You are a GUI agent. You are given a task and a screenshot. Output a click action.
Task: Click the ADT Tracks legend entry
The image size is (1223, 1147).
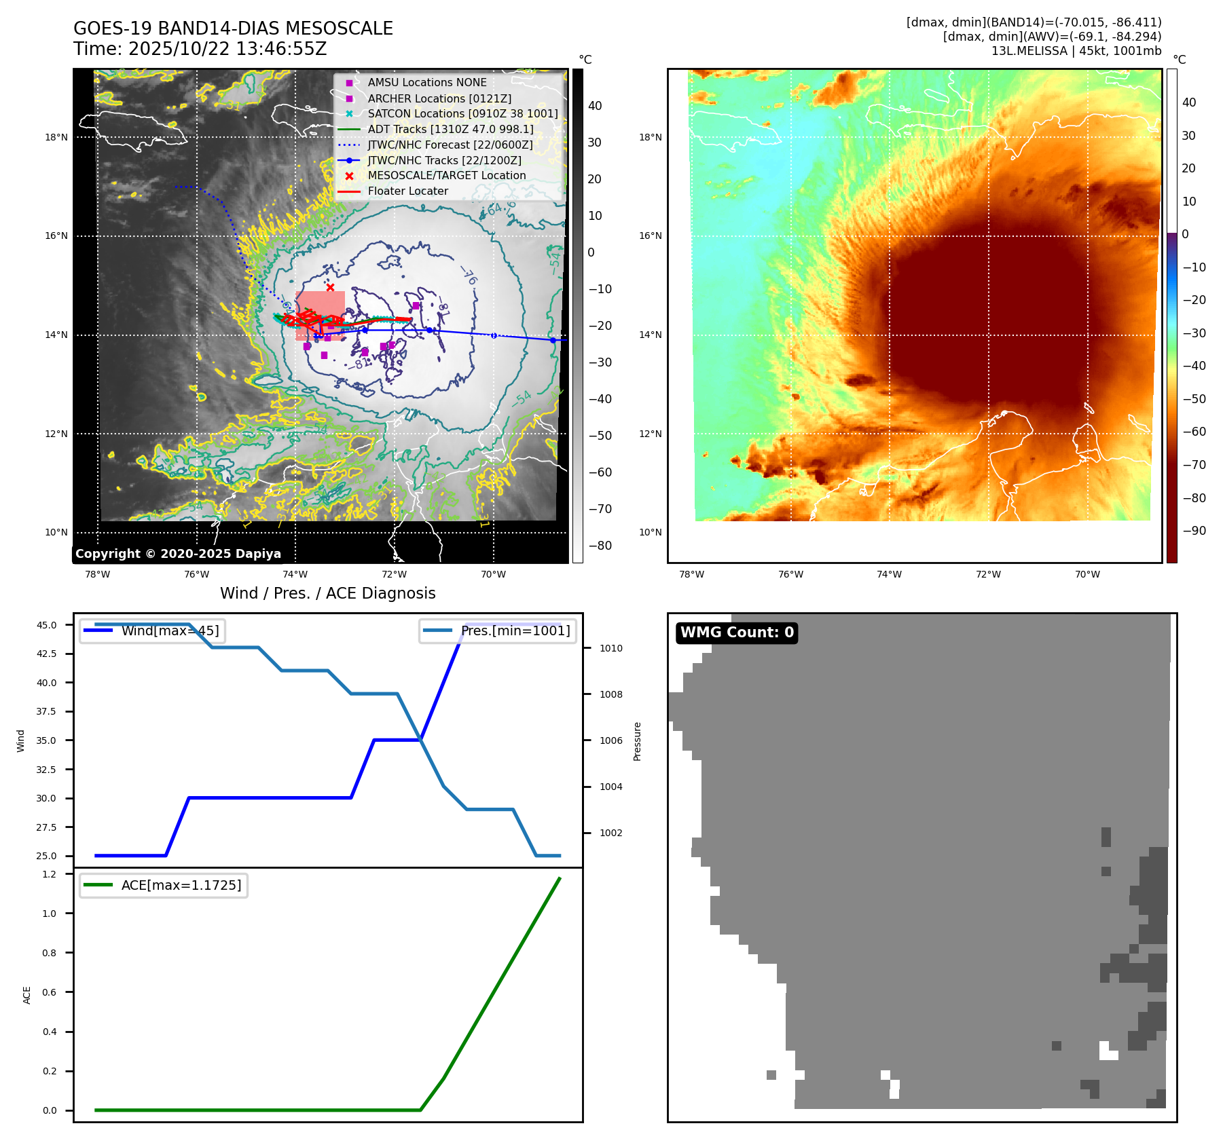(450, 129)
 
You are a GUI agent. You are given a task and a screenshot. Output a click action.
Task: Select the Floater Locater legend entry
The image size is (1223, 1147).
(407, 191)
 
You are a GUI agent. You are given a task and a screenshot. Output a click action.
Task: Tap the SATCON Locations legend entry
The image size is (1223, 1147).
(462, 113)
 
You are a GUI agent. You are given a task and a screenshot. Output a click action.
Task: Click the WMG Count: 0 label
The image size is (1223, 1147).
(737, 633)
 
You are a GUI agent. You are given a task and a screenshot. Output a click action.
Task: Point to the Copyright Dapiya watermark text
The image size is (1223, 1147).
(178, 554)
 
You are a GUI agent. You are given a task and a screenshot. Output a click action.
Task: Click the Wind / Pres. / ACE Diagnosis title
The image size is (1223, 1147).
(327, 593)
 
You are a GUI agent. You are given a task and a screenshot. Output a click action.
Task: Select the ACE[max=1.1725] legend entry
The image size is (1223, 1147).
(181, 885)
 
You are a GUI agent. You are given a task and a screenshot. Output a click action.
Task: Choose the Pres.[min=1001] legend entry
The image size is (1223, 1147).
(515, 631)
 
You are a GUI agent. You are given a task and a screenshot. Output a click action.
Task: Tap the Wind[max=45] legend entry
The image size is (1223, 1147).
(170, 631)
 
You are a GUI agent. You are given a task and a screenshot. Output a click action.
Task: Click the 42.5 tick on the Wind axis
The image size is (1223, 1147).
(46, 654)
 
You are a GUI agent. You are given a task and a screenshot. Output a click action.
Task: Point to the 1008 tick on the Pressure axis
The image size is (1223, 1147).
(610, 694)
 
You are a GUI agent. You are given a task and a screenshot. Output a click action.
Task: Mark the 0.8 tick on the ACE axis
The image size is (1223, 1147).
(50, 953)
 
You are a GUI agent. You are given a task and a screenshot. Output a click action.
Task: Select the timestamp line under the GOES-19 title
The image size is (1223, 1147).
(200, 50)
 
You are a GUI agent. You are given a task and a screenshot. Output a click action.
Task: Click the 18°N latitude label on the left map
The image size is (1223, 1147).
(56, 137)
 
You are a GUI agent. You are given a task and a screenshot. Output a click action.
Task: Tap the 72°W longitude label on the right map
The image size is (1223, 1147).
(988, 574)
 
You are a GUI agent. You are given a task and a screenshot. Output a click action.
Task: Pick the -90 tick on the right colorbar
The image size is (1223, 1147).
(1194, 531)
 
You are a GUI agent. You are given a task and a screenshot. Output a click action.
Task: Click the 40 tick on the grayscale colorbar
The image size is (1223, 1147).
(595, 106)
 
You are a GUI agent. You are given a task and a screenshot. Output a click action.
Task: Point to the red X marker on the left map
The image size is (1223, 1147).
(330, 288)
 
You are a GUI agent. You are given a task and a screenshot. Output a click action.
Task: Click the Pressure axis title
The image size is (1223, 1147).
(638, 741)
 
